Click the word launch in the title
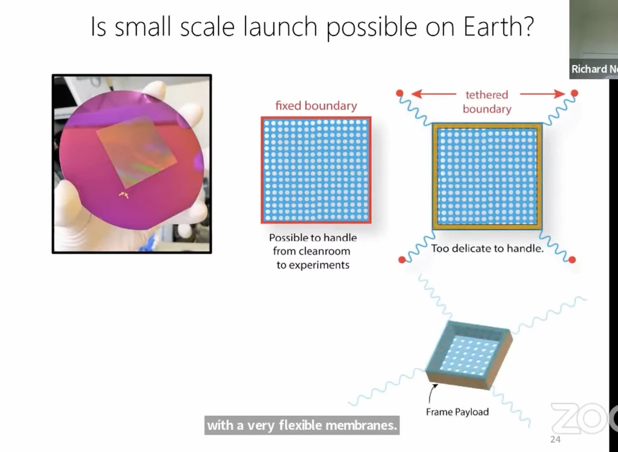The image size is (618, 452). (x=280, y=27)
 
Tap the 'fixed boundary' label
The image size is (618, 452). (x=316, y=106)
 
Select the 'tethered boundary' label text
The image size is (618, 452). (x=487, y=102)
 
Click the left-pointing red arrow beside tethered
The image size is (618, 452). (x=433, y=94)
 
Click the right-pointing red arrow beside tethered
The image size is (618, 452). (x=542, y=94)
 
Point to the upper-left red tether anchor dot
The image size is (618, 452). (x=399, y=93)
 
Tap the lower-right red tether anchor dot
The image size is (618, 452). (x=572, y=260)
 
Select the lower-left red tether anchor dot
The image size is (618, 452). (x=402, y=260)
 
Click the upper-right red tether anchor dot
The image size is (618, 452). (x=574, y=93)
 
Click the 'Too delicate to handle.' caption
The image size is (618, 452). (x=487, y=248)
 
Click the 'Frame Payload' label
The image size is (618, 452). (x=457, y=412)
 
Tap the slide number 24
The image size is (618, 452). (x=555, y=440)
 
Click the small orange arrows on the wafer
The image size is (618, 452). (x=124, y=195)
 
